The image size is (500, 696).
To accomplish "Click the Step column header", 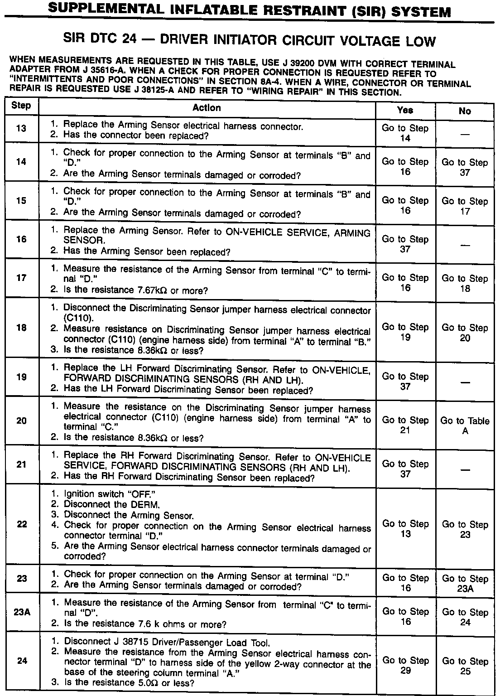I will (x=21, y=106).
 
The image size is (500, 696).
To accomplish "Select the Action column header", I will (x=207, y=108).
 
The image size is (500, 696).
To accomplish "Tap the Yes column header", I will (x=405, y=110).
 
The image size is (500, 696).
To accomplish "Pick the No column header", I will (x=465, y=111).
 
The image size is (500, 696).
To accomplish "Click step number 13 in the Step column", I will (x=21, y=128).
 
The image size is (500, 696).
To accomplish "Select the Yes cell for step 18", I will (x=405, y=332).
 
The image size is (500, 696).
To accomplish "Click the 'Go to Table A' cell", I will (x=465, y=426).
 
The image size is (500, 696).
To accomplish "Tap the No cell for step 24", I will (x=465, y=666).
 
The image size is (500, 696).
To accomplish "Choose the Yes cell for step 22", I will (x=405, y=529).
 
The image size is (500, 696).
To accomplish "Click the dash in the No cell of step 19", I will (x=465, y=382).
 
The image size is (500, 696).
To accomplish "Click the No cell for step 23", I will (x=465, y=584).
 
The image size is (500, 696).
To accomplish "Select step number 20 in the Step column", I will (x=21, y=420).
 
